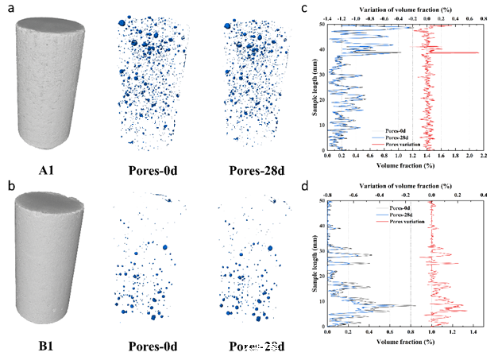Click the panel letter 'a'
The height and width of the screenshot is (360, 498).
tap(7, 10)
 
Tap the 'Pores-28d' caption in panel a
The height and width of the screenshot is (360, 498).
tap(249, 168)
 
